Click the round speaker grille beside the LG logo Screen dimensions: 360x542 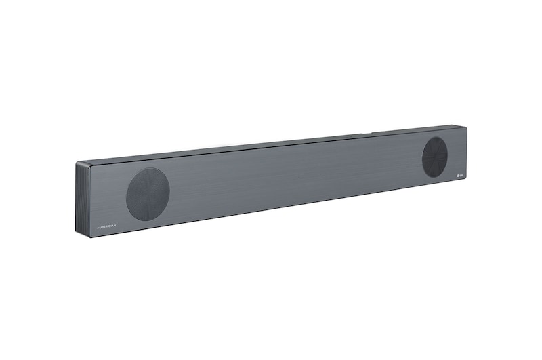pos(434,157)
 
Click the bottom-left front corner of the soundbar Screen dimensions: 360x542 pos(88,235)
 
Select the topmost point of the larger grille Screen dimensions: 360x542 pos(149,167)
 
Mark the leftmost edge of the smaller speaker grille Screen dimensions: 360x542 pos(422,157)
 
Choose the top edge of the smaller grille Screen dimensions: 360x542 pos(435,137)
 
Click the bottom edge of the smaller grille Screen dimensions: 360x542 pos(434,177)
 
